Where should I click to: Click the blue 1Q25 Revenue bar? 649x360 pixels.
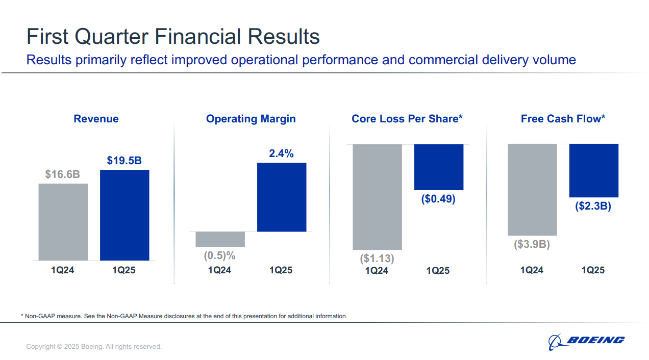click(x=124, y=215)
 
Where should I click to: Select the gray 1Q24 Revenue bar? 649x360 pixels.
click(x=63, y=222)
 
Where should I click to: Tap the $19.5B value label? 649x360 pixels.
click(x=124, y=161)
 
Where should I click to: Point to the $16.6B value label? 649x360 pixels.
click(x=63, y=174)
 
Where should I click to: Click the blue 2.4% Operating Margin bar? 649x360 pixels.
click(x=282, y=197)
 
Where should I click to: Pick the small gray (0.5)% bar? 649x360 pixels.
click(x=220, y=239)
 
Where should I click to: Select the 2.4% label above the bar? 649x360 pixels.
click(x=282, y=153)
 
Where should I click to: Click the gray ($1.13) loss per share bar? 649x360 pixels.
click(x=377, y=197)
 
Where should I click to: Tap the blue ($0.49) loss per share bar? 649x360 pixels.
click(x=439, y=167)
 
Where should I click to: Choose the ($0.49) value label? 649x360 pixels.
click(x=438, y=199)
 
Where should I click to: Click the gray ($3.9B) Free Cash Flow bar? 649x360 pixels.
click(x=532, y=190)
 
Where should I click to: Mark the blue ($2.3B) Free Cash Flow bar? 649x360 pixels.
click(x=594, y=170)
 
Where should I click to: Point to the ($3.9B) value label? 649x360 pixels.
click(x=532, y=244)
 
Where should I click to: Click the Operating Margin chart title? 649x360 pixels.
click(x=251, y=119)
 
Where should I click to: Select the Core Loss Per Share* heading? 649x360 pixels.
click(x=407, y=119)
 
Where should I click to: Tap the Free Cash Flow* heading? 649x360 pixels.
click(x=563, y=119)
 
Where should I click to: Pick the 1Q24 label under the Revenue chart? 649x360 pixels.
click(x=63, y=270)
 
